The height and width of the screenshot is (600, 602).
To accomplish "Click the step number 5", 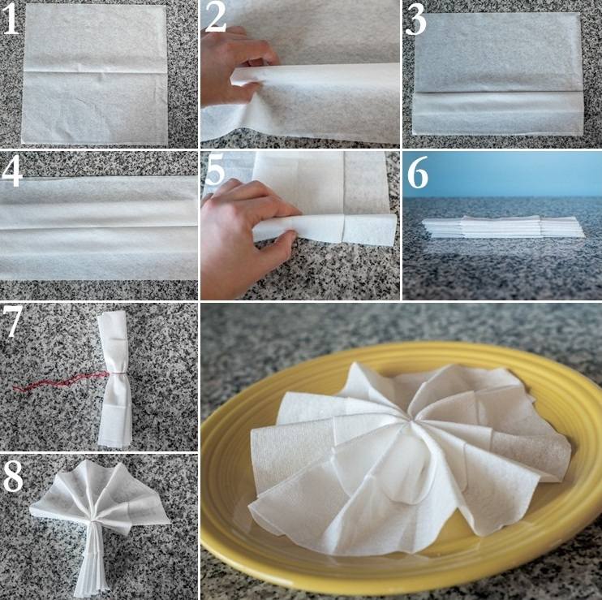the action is pos(215,171).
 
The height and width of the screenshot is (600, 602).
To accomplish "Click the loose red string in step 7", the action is pos(58,382).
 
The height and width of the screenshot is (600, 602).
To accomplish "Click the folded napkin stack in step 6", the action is pos(503,227).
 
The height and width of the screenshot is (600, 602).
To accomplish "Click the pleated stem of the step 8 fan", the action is pos(94,561).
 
